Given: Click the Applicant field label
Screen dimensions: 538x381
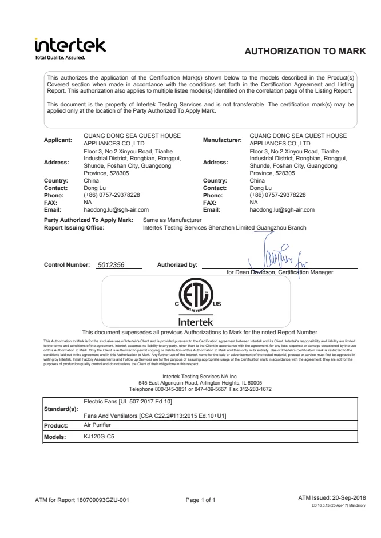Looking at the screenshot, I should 59,139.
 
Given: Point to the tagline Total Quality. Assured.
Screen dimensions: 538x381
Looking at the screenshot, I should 59,57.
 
